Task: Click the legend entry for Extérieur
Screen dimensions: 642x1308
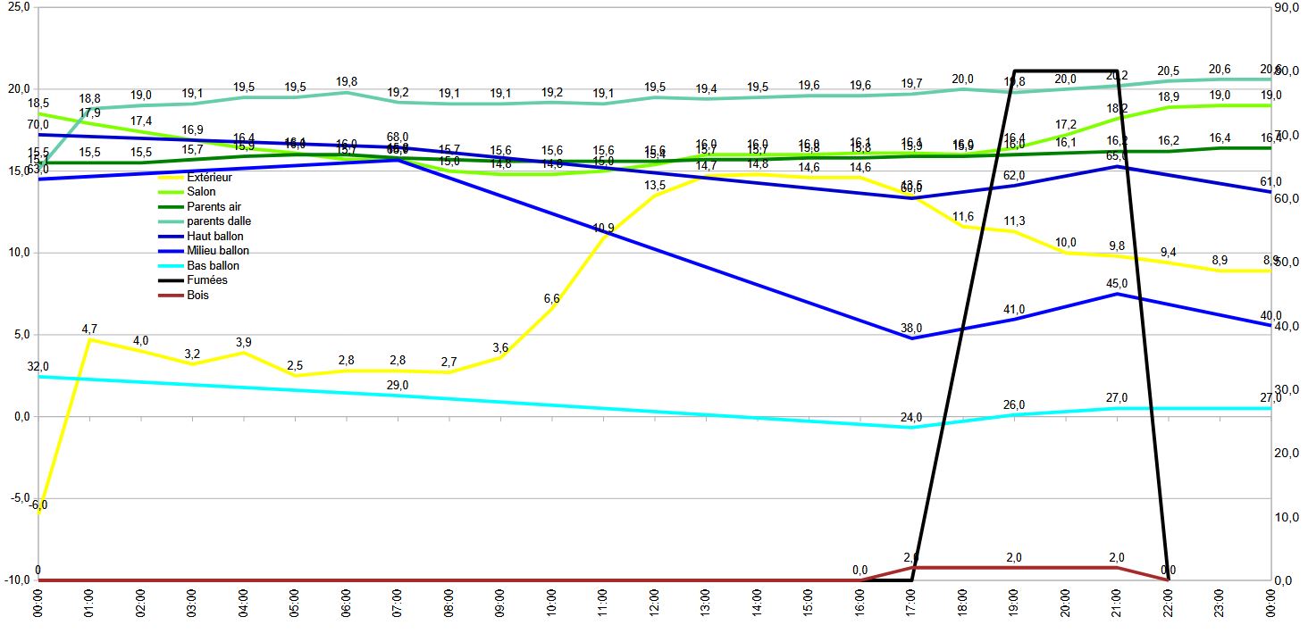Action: [208, 178]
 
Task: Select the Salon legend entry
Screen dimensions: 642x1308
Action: [202, 192]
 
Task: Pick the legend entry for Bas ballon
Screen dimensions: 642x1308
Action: [213, 266]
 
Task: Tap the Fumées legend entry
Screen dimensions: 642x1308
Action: [207, 280]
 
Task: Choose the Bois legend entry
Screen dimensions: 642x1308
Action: [198, 295]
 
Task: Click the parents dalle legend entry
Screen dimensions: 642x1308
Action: [219, 221]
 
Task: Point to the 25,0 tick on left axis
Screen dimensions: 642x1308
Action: [19, 7]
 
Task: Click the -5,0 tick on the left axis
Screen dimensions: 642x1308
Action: [19, 498]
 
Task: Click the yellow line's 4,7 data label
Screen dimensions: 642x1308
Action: [89, 329]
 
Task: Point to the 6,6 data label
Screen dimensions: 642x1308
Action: [551, 299]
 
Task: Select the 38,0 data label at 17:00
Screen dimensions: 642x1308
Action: [911, 327]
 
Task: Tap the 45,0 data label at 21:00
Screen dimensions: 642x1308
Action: [1117, 283]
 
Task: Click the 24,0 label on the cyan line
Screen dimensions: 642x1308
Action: [911, 417]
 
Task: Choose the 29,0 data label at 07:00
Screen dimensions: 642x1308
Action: [398, 385]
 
